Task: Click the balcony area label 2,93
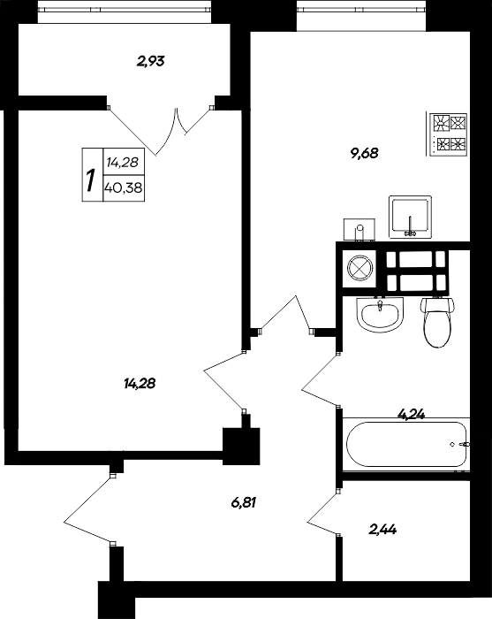point(151,61)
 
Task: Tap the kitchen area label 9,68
point(364,152)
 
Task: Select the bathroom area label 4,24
point(412,411)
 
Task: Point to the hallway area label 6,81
point(248,503)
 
